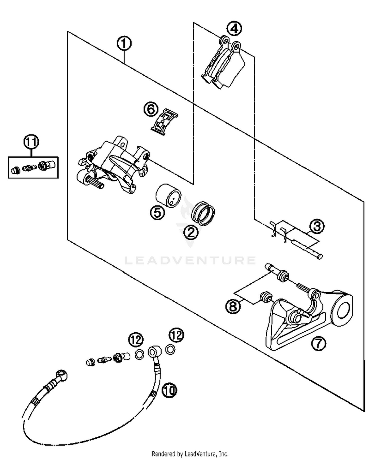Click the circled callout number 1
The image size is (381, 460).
pos(124,44)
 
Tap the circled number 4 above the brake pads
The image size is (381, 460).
pos(234,29)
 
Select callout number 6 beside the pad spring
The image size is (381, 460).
pos(151,110)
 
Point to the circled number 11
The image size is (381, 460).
pos(31,142)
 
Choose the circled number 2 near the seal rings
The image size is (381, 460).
pos(191,232)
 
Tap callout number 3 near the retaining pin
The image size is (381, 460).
pos(317,226)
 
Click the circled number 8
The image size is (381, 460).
pos(233,306)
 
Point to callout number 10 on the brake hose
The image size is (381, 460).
pos(169,390)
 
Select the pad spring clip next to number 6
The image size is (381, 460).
pos(164,122)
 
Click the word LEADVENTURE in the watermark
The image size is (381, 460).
pos(190,260)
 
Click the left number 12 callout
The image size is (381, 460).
pos(136,339)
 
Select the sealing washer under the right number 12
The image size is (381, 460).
pos(170,349)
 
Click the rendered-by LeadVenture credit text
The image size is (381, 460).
pos(190,454)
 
